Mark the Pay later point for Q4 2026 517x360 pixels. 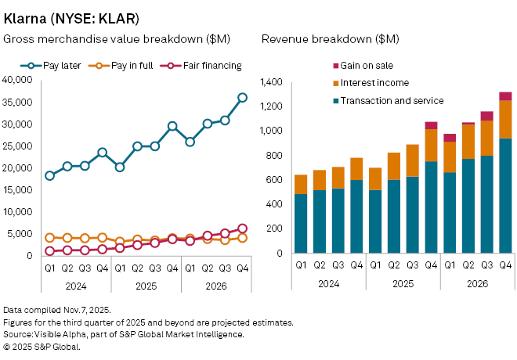click(242, 98)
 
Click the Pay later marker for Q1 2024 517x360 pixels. click(50, 175)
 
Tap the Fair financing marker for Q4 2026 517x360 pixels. click(242, 229)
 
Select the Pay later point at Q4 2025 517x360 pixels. click(172, 126)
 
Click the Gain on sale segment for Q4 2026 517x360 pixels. click(505, 96)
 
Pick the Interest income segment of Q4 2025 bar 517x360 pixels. click(431, 145)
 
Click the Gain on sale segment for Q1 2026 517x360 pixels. click(450, 138)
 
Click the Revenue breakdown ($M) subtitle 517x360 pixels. click(331, 39)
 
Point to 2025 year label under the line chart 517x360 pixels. click(146, 284)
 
